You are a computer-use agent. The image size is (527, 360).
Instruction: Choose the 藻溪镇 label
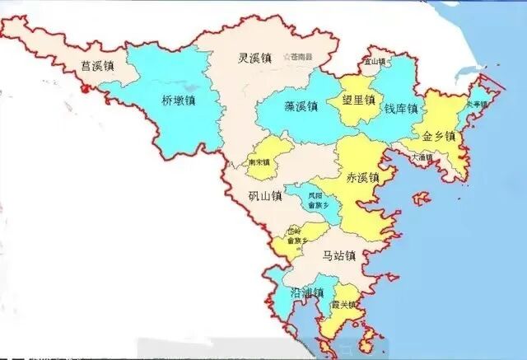(x=301, y=106)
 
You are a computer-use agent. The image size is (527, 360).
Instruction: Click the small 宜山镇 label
(x=375, y=61)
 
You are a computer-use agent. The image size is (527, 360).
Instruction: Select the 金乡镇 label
(x=439, y=136)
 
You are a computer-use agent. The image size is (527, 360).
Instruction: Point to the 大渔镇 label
(x=422, y=157)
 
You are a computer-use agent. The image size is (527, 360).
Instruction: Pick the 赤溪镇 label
(x=362, y=178)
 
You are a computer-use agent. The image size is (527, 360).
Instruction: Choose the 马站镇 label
(x=338, y=256)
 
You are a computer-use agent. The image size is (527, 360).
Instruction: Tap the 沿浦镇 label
(x=307, y=293)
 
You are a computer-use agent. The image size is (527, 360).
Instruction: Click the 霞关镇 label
(x=343, y=305)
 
